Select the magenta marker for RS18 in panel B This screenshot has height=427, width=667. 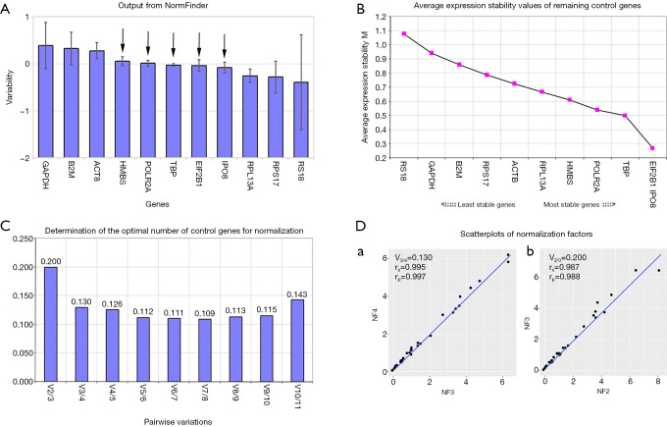(376, 34)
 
